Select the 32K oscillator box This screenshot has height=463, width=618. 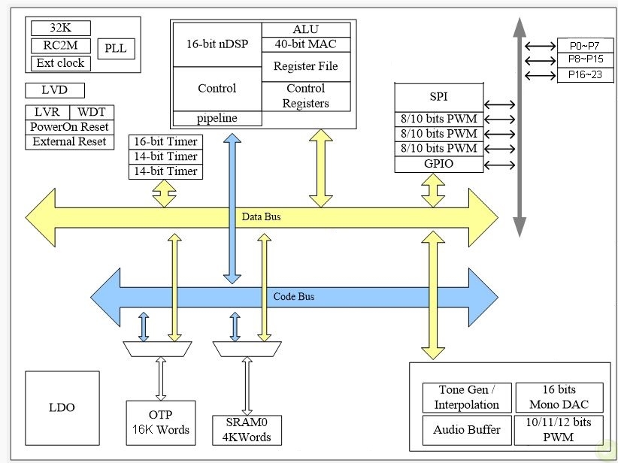[x=60, y=29]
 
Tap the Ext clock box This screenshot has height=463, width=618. [x=60, y=63]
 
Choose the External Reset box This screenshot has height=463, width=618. [x=68, y=141]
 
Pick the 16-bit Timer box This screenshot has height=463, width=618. [x=165, y=141]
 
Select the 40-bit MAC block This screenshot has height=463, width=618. [x=305, y=44]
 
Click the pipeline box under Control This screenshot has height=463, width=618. [x=217, y=119]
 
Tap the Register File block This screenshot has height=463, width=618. [x=305, y=66]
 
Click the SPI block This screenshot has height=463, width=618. [x=438, y=97]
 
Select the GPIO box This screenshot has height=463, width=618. [x=438, y=164]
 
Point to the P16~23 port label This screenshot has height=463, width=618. [x=585, y=75]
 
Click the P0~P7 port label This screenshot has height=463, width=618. [x=585, y=45]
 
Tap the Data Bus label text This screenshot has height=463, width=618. [x=261, y=217]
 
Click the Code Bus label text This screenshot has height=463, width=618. [x=293, y=296]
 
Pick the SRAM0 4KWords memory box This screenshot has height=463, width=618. [x=247, y=430]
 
